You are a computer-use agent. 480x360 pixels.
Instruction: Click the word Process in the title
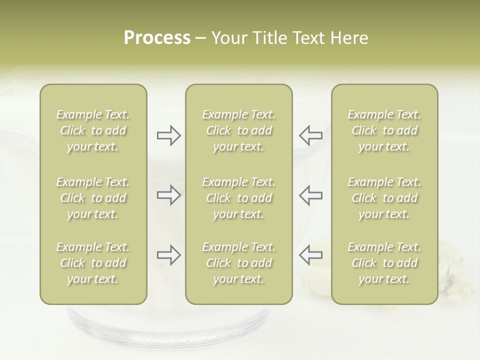pos(157,38)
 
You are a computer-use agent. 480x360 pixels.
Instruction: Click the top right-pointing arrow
pos(168,135)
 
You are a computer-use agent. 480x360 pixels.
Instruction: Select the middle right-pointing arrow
pos(168,195)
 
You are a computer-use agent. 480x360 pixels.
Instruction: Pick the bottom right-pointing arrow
pos(168,255)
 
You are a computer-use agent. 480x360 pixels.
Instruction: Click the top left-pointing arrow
pos(310,135)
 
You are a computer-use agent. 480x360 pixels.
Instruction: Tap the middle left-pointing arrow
pos(310,195)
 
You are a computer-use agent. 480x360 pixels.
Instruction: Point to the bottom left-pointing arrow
pos(310,255)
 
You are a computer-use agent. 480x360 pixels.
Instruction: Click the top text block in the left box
pos(93,130)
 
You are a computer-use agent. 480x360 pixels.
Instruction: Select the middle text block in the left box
pos(93,198)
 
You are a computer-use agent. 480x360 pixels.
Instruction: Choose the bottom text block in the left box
pos(93,263)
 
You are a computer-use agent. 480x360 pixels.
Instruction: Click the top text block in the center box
pos(239,130)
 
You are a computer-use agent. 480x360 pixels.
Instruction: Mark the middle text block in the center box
pos(239,198)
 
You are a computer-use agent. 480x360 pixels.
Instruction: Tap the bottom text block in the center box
pos(239,263)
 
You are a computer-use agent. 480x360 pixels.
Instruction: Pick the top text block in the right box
pos(384,130)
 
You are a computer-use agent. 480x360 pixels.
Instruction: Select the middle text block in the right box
pos(384,198)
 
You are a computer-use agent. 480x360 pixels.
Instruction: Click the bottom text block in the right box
pos(384,263)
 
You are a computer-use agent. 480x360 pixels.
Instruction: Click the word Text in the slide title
pos(307,38)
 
